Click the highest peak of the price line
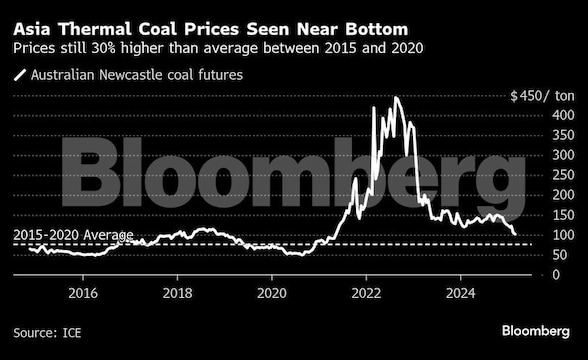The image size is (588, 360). (x=397, y=98)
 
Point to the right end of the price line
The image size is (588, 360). (x=515, y=234)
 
